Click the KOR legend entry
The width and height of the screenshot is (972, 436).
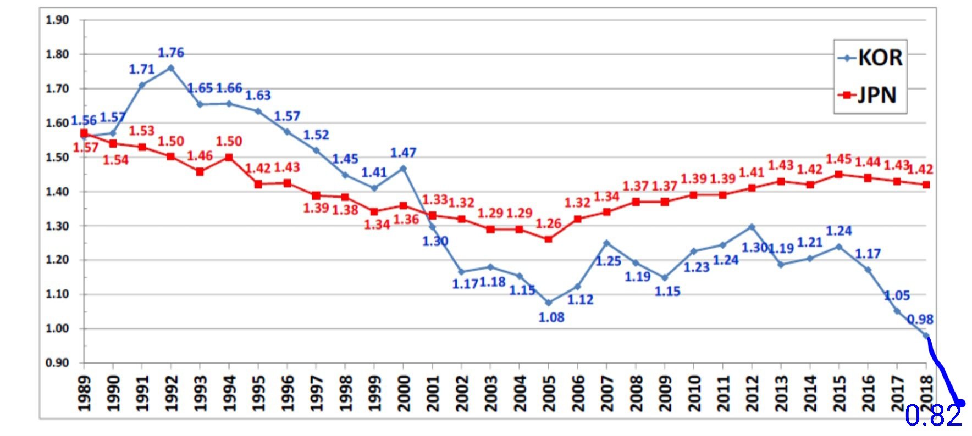coord(870,58)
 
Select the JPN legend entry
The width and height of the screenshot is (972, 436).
coord(870,95)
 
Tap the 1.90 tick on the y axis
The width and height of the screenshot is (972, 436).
coord(57,20)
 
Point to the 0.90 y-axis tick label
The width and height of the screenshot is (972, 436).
coord(57,363)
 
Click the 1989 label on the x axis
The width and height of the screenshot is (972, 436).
coord(84,393)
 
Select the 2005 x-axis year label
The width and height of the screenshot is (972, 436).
coord(548,393)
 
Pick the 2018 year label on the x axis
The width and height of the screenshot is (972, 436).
coord(926,393)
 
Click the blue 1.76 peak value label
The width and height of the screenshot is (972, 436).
coord(171,53)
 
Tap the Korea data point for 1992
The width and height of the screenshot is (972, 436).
coord(171,68)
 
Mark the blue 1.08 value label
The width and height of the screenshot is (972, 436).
coord(551,317)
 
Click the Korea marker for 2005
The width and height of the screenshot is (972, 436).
coord(548,303)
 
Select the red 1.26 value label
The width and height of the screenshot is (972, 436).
coord(548,223)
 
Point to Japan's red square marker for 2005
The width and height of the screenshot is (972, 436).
coord(548,239)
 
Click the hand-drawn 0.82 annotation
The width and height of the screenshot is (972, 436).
coord(934,416)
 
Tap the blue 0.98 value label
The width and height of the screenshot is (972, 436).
coord(920,320)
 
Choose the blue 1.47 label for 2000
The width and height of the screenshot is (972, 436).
coord(403,153)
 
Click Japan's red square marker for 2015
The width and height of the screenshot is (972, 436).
coord(839,175)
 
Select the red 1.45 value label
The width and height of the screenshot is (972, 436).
coord(839,159)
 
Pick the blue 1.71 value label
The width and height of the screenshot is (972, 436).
coord(142,70)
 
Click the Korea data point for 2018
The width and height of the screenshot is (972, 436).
coord(926,336)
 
